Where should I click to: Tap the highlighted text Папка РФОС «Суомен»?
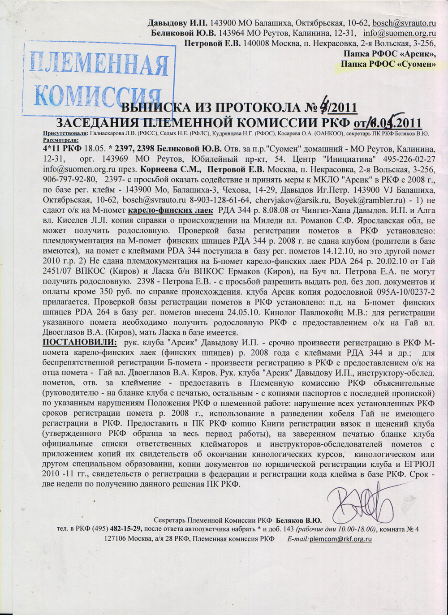(388, 64)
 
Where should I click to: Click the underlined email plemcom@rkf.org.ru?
(340, 539)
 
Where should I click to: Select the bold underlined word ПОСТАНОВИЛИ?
(80, 342)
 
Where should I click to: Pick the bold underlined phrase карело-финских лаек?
(170, 210)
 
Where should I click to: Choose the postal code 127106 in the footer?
(115, 539)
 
